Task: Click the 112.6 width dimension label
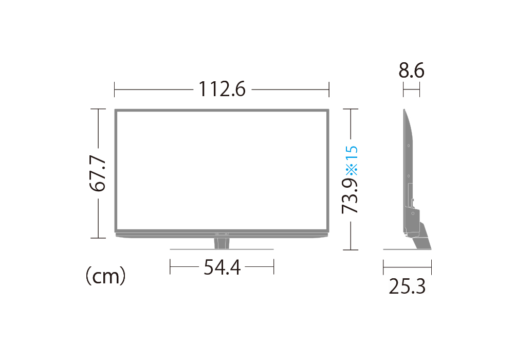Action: (222, 89)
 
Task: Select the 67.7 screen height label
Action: (98, 173)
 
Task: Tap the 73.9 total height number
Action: (350, 196)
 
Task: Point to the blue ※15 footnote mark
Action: (352, 160)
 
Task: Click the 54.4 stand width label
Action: (222, 267)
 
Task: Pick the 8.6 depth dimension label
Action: (411, 70)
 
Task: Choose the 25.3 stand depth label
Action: (407, 286)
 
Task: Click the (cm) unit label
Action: (105, 276)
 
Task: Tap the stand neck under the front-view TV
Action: (222, 243)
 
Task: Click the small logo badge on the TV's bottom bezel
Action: (222, 234)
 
